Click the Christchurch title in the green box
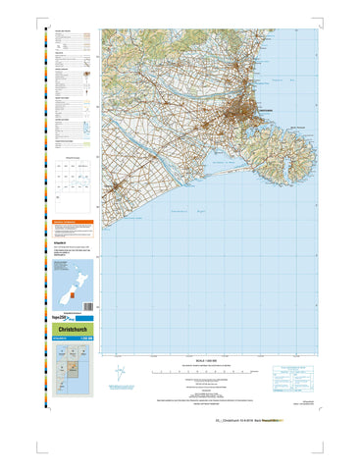coord(70,331)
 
